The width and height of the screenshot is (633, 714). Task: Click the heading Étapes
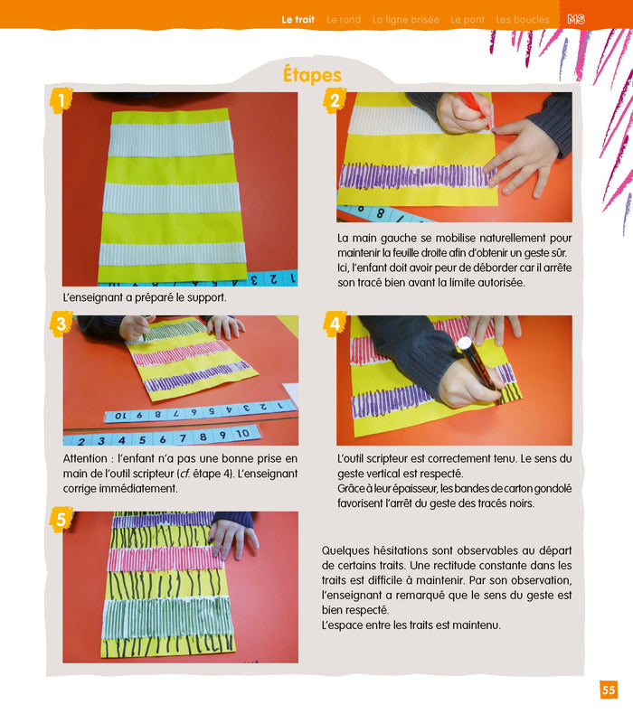[x=312, y=74]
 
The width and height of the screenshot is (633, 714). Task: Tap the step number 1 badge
[x=60, y=100]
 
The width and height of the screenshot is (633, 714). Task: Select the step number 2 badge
[x=334, y=100]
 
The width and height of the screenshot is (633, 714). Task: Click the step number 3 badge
[x=60, y=323]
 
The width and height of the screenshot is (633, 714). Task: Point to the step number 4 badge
[x=334, y=323]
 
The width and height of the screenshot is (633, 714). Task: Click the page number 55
[x=609, y=691]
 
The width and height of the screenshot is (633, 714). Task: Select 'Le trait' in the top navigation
[x=298, y=19]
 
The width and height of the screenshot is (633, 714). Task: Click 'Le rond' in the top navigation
[x=344, y=19]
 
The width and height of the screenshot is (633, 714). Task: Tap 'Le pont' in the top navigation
[x=468, y=19]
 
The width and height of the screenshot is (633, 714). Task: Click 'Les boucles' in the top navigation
[x=522, y=19]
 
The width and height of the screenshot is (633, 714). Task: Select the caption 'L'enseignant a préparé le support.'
[x=145, y=296]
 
